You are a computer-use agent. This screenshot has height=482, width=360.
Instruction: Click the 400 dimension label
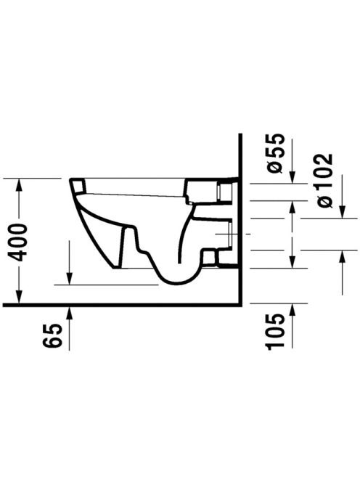point(18,242)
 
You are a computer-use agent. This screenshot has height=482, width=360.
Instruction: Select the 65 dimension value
point(52,335)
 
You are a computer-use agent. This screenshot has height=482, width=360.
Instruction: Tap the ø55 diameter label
point(274,153)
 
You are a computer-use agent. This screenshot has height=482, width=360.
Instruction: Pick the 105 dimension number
point(274,332)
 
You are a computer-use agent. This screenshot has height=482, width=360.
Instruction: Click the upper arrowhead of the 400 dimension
point(19,185)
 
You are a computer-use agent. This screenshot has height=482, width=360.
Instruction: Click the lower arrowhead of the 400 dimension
point(19,295)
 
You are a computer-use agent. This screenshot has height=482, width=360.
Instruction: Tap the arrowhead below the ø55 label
point(292,176)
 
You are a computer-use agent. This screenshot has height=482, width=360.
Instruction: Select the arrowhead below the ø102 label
point(342,211)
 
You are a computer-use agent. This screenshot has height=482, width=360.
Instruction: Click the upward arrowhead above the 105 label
point(292,311)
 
